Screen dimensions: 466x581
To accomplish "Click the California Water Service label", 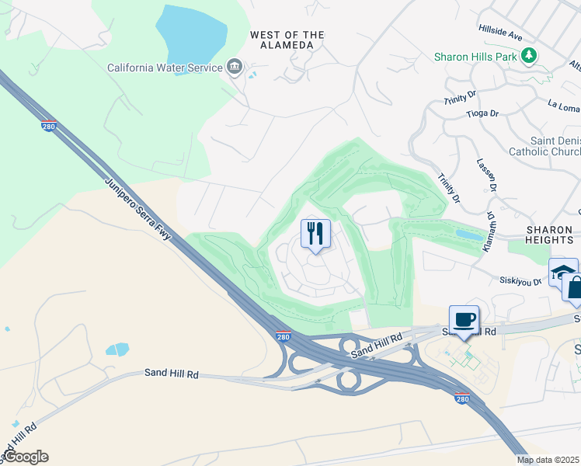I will pyautogui.click(x=165, y=68).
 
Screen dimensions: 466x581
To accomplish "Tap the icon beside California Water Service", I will pyautogui.click(x=234, y=68).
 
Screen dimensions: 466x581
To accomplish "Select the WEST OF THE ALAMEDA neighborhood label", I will pyautogui.click(x=287, y=40).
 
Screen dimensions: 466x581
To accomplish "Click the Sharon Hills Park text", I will pyautogui.click(x=475, y=57).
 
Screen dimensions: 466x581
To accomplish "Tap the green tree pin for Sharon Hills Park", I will pyautogui.click(x=529, y=55).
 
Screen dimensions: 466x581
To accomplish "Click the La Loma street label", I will pyautogui.click(x=564, y=103).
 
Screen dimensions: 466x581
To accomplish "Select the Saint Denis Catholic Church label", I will pyautogui.click(x=544, y=146).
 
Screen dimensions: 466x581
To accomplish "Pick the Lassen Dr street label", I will pyautogui.click(x=492, y=177).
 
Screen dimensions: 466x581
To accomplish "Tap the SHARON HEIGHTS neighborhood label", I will pyautogui.click(x=549, y=235).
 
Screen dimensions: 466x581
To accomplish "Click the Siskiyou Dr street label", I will pyautogui.click(x=520, y=281).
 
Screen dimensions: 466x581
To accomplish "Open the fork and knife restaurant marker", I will pyautogui.click(x=315, y=233).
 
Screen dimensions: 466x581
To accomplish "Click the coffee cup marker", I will pyautogui.click(x=464, y=319).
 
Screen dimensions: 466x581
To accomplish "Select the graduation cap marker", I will pyautogui.click(x=562, y=271).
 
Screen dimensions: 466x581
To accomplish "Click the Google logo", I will pyautogui.click(x=25, y=457).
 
